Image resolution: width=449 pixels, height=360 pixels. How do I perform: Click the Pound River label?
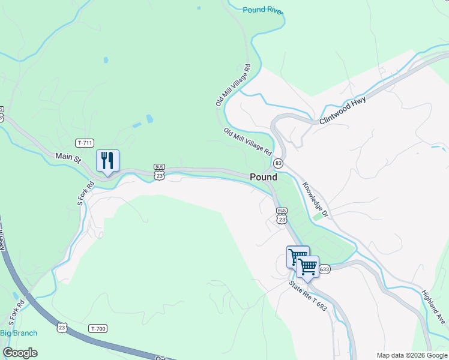262,10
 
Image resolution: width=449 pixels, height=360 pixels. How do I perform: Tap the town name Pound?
264,177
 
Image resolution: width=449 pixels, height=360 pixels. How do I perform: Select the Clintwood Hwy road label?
343,111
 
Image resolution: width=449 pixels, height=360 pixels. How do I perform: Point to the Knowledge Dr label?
316,200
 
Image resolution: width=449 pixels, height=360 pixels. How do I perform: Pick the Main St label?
68,158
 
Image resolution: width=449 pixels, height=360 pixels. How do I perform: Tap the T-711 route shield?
85,143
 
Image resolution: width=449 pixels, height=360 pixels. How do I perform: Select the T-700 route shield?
97,328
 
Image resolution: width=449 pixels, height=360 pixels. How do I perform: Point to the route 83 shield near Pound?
278,163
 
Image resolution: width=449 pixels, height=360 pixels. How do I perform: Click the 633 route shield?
324,269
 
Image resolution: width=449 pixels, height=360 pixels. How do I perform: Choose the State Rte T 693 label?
308,296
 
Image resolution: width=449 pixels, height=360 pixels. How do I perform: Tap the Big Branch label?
19,333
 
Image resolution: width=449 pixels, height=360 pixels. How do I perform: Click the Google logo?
20,352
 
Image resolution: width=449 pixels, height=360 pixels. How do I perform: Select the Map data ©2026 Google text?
412,355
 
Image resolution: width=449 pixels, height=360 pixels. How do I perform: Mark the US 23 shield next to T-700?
62,328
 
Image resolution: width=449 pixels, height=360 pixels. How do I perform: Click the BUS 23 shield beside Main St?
159,171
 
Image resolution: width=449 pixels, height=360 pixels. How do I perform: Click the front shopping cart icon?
307,266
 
